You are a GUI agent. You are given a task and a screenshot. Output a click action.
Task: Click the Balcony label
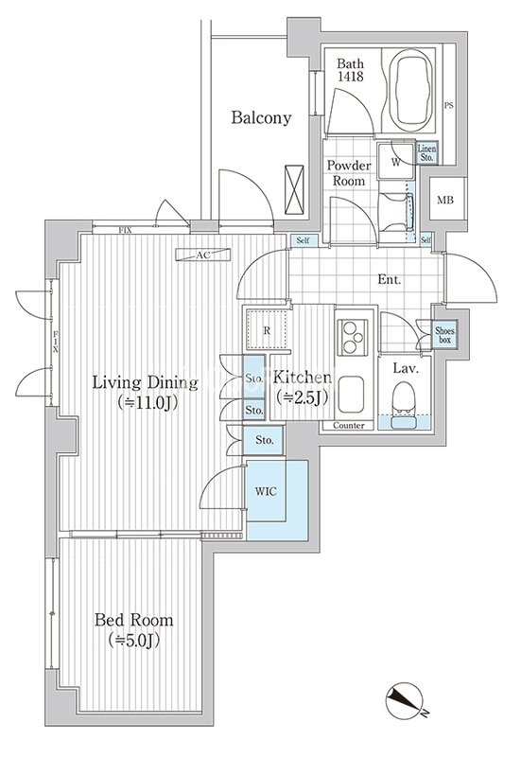[x=261, y=117]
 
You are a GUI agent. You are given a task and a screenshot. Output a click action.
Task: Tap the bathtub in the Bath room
[x=410, y=90]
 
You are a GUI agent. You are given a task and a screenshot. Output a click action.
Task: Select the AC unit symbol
[x=203, y=255]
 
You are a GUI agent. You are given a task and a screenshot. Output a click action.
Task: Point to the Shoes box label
[x=444, y=336]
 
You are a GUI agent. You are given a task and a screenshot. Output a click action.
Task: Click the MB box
[x=445, y=200]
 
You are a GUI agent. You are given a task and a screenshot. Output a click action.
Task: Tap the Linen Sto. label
[x=427, y=153]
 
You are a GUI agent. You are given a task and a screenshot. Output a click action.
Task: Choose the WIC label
[x=266, y=491]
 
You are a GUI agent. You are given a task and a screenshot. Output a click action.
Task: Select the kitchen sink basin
[x=353, y=395]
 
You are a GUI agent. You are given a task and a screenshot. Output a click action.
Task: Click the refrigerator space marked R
[x=267, y=330]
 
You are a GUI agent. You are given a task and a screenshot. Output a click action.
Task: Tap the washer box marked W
[x=396, y=161]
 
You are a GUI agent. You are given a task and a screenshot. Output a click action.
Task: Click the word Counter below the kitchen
[x=349, y=425]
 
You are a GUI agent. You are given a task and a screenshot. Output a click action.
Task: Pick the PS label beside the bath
[x=448, y=105]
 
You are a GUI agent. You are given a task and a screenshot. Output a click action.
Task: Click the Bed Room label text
[x=133, y=620]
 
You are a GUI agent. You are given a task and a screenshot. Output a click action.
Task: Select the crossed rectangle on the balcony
[x=294, y=190]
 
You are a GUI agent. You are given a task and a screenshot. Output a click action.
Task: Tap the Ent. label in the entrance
[x=390, y=279]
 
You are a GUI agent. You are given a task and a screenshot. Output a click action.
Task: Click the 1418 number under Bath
[x=351, y=77]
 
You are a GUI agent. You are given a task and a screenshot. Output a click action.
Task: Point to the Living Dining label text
[x=146, y=383]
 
